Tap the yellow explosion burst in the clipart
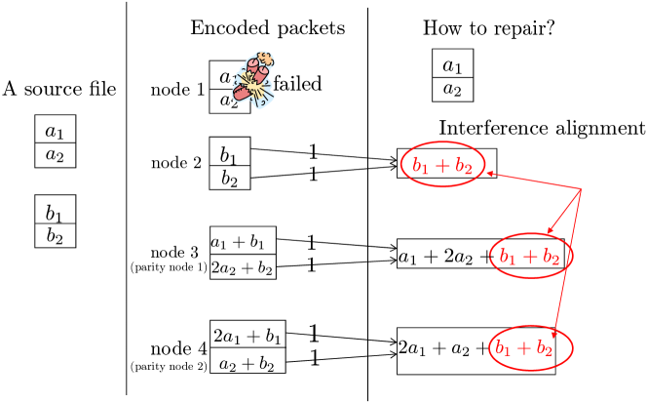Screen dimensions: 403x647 252,85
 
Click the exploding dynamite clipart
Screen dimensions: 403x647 253,80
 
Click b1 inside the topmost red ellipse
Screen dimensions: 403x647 420,166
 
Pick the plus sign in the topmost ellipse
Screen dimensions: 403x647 442,166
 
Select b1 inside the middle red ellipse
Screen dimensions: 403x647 508,257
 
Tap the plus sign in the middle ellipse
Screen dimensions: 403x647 530,257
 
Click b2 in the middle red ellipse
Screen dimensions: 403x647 551,258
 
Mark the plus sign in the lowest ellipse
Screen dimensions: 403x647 525,347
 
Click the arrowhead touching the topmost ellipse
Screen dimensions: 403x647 490,174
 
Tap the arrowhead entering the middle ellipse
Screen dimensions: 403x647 550,230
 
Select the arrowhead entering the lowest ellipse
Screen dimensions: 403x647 553,335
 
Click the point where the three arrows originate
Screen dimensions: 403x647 582,188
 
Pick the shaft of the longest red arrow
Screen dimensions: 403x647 567,263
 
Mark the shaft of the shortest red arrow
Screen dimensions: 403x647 566,209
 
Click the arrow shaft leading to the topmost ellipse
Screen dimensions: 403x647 536,181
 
